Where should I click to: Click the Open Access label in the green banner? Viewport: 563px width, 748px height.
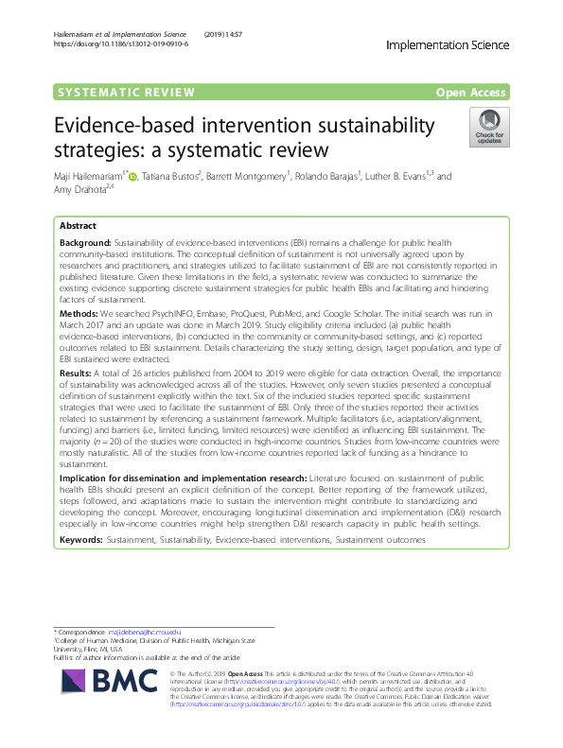click(x=470, y=92)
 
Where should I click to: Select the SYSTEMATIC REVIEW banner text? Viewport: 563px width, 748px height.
click(x=126, y=92)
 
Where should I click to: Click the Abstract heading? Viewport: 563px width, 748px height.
click(x=79, y=227)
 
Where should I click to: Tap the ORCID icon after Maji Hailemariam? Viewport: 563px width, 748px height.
click(x=133, y=176)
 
